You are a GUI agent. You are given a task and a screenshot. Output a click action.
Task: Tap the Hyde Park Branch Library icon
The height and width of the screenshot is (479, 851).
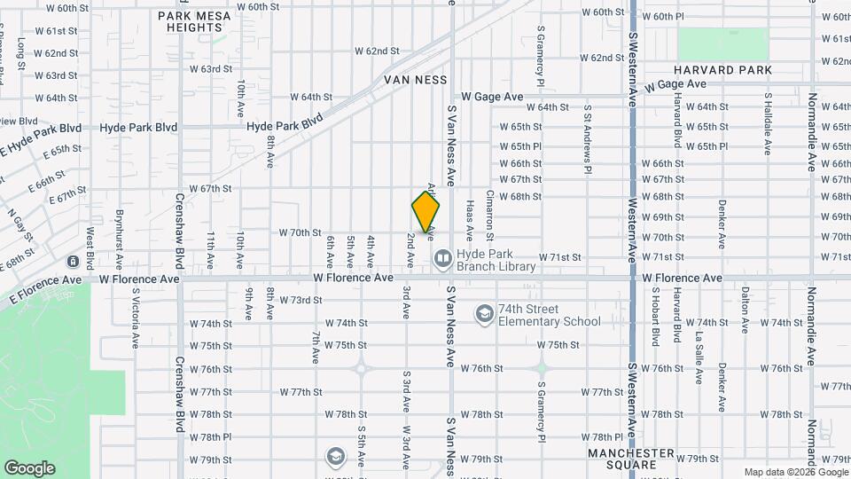442,258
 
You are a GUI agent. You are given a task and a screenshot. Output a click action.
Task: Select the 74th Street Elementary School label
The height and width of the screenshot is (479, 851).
549,315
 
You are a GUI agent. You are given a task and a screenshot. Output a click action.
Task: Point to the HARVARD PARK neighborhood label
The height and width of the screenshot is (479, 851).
722,70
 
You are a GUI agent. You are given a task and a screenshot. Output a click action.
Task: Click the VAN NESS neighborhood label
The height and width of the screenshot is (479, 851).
416,79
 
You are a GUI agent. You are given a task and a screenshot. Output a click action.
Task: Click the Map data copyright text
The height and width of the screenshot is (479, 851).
794,472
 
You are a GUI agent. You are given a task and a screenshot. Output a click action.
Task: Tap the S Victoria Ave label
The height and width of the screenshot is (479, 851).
136,317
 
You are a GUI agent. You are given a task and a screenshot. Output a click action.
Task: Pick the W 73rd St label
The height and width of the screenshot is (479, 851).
301,301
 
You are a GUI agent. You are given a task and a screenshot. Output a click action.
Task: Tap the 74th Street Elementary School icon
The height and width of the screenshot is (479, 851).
485,313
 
